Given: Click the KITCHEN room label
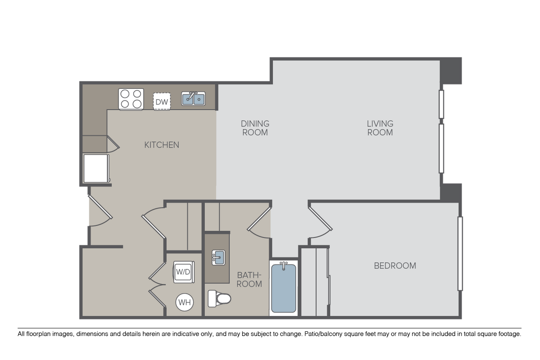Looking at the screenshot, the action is (x=162, y=145).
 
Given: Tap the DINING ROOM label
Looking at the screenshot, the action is (x=255, y=128).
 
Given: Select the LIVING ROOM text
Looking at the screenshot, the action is (x=380, y=128).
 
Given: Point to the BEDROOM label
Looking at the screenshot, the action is (x=395, y=266).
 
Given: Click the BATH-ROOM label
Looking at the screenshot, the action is (x=249, y=279).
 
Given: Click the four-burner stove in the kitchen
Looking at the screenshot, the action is (x=131, y=99).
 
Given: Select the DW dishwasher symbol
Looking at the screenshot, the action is (x=162, y=102).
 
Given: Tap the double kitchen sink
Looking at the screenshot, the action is (x=193, y=98).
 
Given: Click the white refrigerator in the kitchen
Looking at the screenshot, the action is (x=96, y=168).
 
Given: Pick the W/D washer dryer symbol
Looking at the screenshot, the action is (x=183, y=272).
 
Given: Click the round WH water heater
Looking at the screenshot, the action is (x=185, y=302).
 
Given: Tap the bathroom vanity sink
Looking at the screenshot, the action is (x=219, y=258).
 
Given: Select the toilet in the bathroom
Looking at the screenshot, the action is (x=219, y=299).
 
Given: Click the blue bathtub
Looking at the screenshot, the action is (x=283, y=288).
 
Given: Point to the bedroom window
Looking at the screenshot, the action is (x=460, y=253).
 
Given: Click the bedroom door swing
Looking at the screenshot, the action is (x=321, y=222).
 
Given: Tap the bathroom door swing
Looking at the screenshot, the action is (x=259, y=222).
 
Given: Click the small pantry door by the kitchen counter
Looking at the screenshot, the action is (x=113, y=144).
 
